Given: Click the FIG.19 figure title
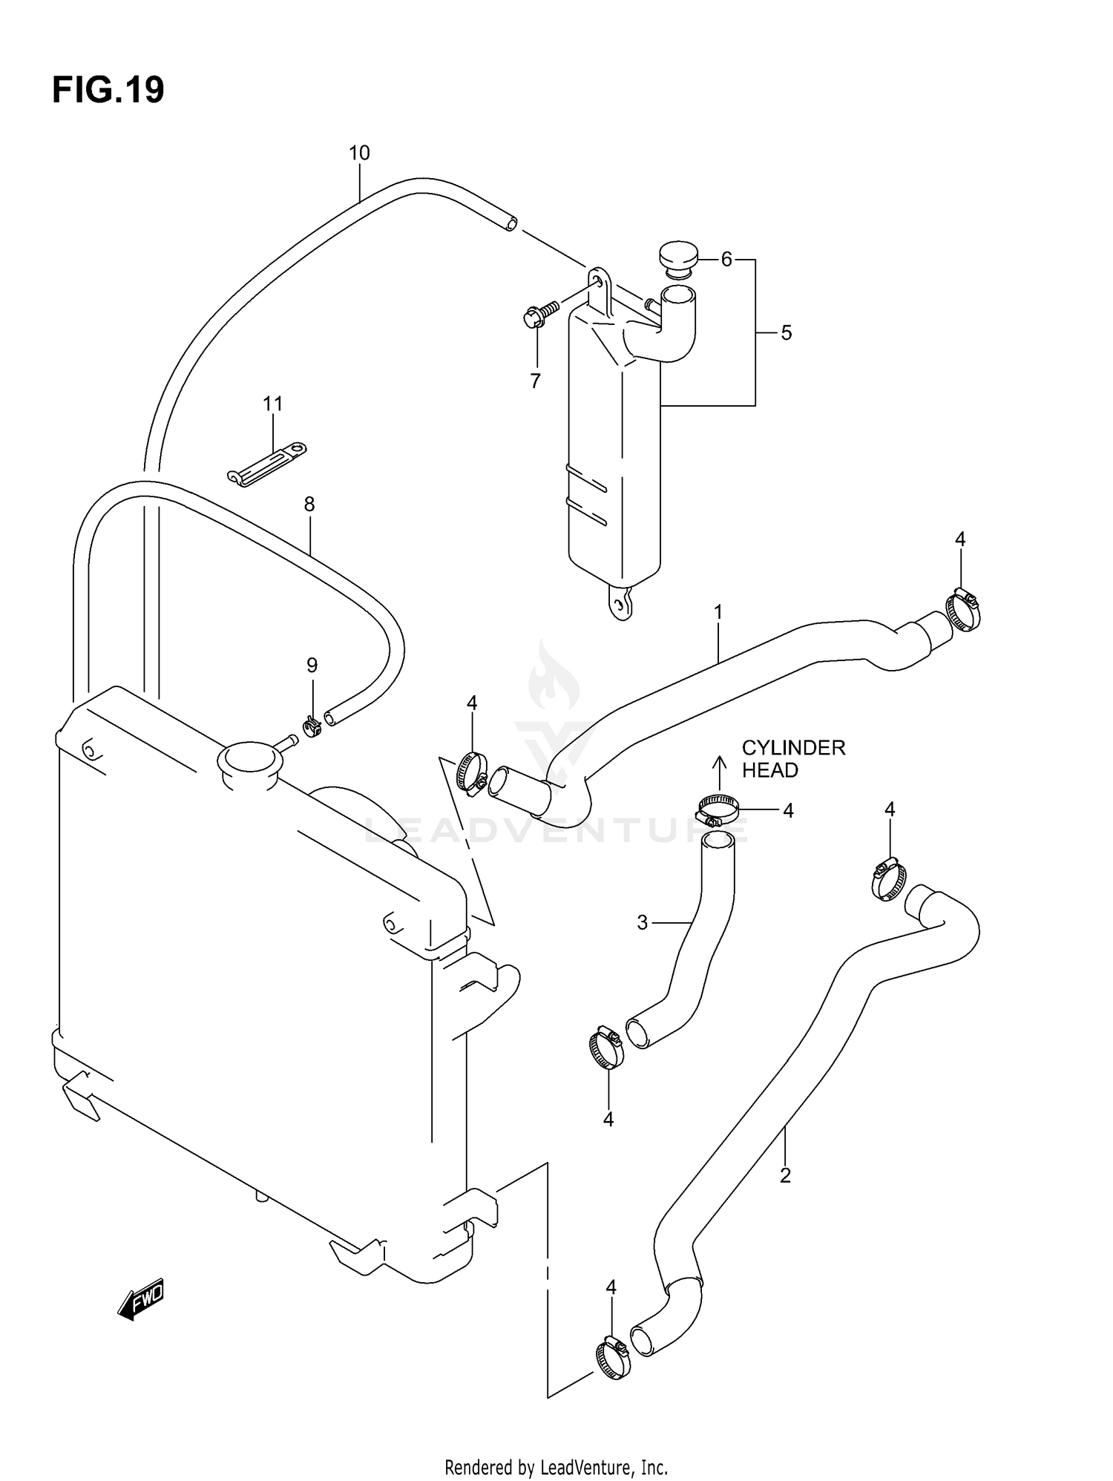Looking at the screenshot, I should [108, 91].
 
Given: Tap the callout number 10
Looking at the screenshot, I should [359, 153].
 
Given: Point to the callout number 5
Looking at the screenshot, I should [787, 332].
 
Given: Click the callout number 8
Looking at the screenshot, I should [309, 505].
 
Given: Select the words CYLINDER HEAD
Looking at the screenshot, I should [792, 758].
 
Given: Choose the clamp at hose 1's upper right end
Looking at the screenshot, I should [963, 610].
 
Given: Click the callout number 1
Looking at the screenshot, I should [718, 612].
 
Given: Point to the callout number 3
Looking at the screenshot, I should [642, 922].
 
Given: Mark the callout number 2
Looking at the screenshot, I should [786, 1175].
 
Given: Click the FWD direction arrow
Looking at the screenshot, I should [141, 1298].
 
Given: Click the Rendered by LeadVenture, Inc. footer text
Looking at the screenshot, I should [556, 1467].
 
